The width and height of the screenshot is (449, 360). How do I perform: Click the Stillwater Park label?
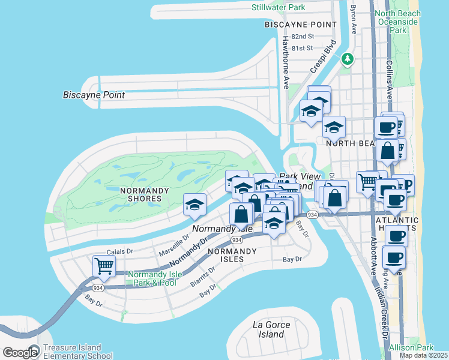279,7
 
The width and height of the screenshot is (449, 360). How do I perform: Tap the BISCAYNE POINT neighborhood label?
301,25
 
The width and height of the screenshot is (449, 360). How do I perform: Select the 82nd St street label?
302,37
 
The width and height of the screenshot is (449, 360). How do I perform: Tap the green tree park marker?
347,59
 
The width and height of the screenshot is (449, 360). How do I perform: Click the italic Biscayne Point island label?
94,95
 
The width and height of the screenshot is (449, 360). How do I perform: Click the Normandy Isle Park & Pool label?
151,278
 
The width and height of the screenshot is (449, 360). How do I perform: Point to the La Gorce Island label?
271,329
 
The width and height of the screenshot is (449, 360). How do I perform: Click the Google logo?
20,353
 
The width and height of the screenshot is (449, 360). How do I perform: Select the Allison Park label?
411,348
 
